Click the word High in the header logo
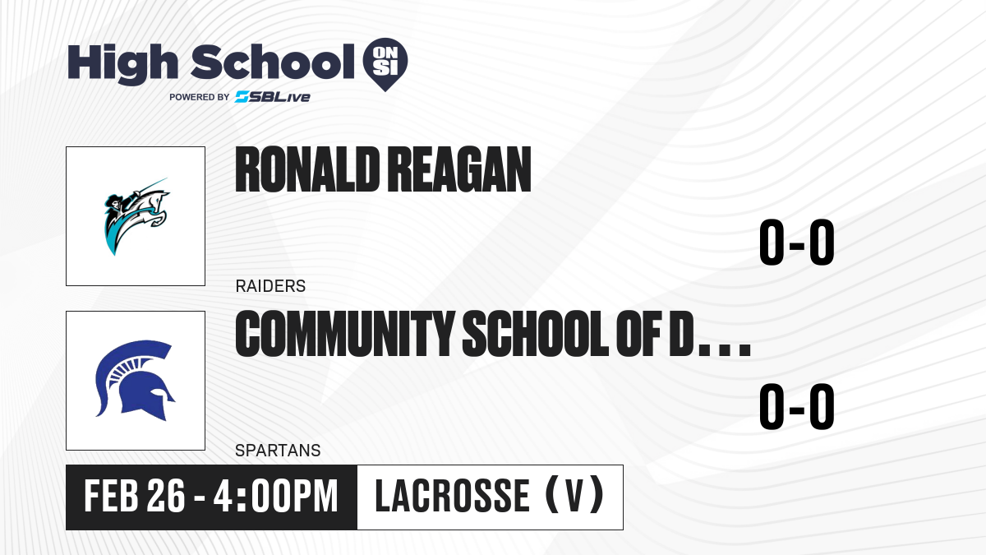pos(122,63)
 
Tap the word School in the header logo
pos(273,61)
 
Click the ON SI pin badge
pos(385,64)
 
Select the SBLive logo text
pos(273,97)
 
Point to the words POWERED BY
pos(200,97)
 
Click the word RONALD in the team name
pos(307,169)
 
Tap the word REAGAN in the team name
pos(460,169)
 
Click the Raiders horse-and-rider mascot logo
pos(136,216)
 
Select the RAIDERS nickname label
pos(270,286)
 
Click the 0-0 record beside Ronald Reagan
pos(797,243)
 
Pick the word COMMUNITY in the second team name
pos(344,334)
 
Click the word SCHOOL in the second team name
pos(536,334)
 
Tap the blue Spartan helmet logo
pos(136,381)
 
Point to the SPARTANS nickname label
pos(278,451)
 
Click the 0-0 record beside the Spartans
pos(797,406)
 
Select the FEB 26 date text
pos(134,496)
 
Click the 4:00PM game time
pos(275,496)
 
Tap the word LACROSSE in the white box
pos(452,496)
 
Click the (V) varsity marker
pos(574,495)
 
